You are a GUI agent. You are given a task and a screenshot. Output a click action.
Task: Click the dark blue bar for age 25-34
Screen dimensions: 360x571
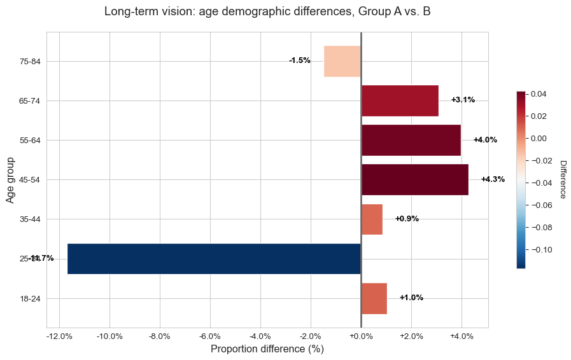[x=214, y=259]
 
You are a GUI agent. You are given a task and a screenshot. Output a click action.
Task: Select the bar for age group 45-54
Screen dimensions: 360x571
[x=414, y=179]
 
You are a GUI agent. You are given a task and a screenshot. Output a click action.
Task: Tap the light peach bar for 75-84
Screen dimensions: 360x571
[x=342, y=61]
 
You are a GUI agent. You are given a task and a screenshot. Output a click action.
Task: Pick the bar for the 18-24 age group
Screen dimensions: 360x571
[x=374, y=298]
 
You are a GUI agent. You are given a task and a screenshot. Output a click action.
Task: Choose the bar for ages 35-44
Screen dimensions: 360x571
[x=372, y=219]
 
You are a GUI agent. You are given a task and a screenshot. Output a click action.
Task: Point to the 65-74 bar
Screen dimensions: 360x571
[x=400, y=100]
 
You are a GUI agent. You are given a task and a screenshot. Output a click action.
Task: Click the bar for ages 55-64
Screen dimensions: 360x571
[x=411, y=140]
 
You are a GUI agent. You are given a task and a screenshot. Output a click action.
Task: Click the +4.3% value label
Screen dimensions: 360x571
[x=493, y=179]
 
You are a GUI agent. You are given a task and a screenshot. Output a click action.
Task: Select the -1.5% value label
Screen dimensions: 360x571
[x=300, y=60]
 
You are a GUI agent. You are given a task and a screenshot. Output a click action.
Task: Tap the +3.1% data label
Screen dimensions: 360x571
[x=463, y=100]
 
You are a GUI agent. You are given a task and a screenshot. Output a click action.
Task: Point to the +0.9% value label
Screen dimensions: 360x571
[x=407, y=219]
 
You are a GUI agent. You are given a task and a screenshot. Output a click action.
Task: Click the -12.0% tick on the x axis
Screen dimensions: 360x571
[x=59, y=336]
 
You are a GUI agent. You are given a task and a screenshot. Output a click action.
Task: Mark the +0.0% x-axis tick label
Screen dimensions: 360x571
[x=361, y=336]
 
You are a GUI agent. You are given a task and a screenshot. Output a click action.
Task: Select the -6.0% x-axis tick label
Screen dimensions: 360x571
[x=210, y=336]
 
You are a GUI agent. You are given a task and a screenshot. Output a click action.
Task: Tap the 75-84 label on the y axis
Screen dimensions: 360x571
[x=31, y=62]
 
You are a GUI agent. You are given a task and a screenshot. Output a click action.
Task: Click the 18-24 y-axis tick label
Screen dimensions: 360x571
[x=31, y=299]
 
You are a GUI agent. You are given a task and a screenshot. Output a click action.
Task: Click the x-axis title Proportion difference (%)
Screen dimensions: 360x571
[x=267, y=349]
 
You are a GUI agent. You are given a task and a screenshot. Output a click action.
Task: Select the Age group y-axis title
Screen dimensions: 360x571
[x=10, y=180]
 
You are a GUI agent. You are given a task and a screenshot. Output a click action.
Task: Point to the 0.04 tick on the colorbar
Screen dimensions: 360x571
[x=539, y=94]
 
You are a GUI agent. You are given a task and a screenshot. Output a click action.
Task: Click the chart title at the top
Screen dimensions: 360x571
[x=267, y=11]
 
